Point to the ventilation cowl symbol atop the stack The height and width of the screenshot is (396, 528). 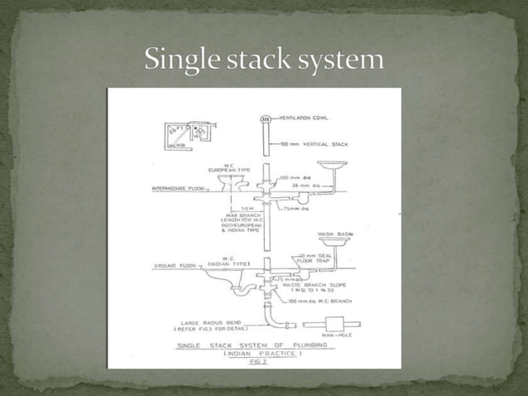(266, 119)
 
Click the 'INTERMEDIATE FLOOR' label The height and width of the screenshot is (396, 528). (178, 189)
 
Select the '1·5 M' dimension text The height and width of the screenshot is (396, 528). (247, 208)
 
